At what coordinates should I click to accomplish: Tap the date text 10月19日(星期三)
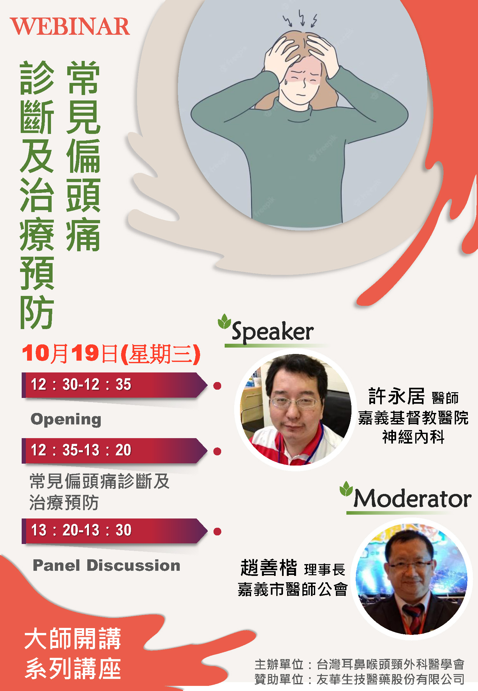111,354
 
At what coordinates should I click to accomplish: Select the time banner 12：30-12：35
115,385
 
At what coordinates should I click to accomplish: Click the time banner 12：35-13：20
115,451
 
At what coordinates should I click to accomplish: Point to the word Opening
66,420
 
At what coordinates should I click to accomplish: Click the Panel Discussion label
106,565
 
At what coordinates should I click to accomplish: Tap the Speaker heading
272,332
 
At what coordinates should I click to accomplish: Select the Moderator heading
412,498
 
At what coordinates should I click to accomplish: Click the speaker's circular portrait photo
295,409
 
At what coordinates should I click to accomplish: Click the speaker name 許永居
396,396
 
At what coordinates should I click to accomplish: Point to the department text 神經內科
413,437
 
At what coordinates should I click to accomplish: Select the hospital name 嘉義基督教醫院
413,418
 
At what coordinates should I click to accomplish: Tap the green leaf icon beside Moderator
346,489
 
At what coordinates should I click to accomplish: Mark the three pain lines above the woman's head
300,18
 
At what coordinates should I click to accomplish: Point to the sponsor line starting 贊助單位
359,680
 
